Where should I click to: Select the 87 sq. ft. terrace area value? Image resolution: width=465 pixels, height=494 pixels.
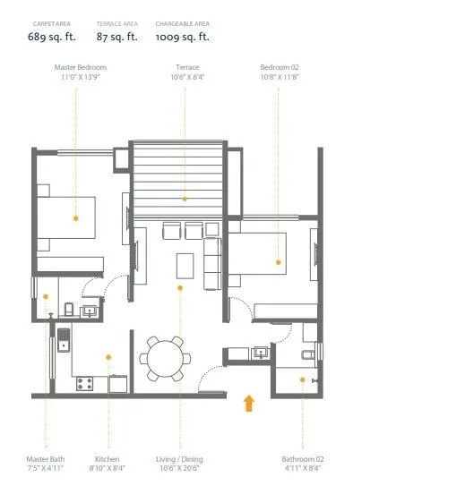pyautogui.click(x=116, y=37)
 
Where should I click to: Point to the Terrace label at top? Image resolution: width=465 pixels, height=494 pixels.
pyautogui.click(x=187, y=67)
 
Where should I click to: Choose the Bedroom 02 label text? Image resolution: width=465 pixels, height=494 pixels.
pyautogui.click(x=279, y=67)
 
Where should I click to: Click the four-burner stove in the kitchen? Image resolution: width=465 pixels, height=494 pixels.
pyautogui.click(x=86, y=383)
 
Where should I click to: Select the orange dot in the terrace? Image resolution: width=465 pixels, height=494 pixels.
pyautogui.click(x=185, y=199)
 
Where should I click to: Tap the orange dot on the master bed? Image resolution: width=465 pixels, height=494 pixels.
pyautogui.click(x=76, y=217)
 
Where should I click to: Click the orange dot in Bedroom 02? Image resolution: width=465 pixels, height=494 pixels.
pyautogui.click(x=279, y=262)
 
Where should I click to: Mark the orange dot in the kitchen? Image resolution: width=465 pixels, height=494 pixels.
pyautogui.click(x=108, y=356)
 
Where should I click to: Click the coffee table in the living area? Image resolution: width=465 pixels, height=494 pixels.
pyautogui.click(x=185, y=266)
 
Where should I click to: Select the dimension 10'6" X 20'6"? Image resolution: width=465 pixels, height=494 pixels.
pyautogui.click(x=179, y=468)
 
